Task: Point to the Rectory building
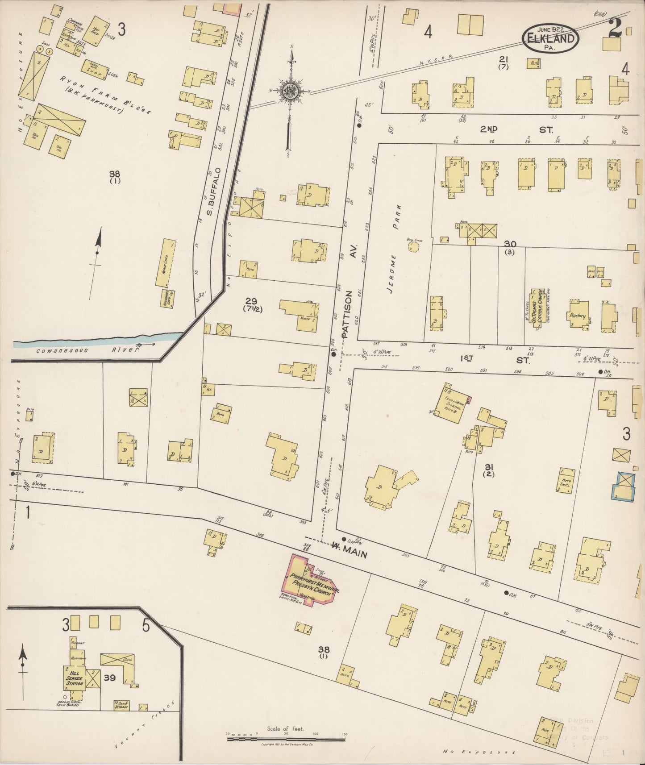click(x=578, y=315)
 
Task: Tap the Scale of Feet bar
click(x=286, y=739)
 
